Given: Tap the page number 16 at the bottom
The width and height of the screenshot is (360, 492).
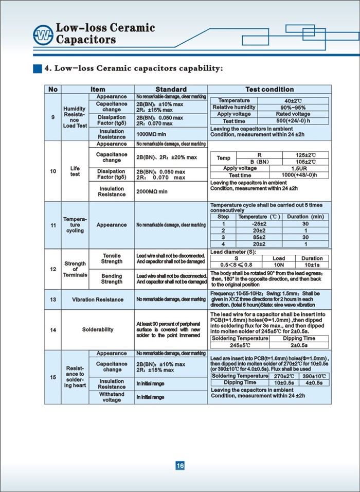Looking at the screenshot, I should pos(180,466).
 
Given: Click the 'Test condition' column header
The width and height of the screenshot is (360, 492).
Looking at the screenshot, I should pos(269,90).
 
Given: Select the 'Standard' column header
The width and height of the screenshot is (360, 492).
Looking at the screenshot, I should pos(171,90).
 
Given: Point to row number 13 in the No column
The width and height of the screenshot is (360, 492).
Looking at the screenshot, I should pos(53,299).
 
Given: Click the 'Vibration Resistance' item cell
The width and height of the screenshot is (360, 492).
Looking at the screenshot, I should pos(98,299).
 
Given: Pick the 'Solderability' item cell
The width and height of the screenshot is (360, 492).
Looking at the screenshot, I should pos(98,329).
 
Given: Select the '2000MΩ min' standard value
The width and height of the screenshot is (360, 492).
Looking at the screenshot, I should pos(152,191).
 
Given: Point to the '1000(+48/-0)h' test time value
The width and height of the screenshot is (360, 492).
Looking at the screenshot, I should pos(294,175).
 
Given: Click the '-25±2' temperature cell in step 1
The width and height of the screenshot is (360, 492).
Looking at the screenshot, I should pos(259,224).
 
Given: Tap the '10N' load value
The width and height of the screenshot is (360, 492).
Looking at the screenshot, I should pos(279,265).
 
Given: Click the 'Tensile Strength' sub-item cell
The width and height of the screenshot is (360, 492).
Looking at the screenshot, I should pos(112,258).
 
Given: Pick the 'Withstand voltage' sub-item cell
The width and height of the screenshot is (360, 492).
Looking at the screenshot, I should pos(112,397).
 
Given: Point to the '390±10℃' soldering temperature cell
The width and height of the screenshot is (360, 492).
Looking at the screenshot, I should pos(314,376).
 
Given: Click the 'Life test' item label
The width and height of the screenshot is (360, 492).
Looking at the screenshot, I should pos(75,171).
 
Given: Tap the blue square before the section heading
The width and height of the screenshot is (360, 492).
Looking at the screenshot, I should pos(37,68).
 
